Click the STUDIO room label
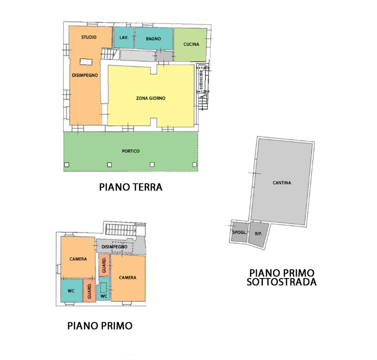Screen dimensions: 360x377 [x=89, y=37]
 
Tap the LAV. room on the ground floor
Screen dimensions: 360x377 [x=124, y=38]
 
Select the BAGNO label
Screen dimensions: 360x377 [x=153, y=38]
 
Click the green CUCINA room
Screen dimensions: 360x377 [x=190, y=44]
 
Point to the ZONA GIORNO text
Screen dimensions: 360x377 [x=150, y=98]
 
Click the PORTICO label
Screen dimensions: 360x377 [x=130, y=151]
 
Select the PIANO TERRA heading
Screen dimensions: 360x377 [x=130, y=187]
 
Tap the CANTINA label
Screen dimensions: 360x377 [x=282, y=182]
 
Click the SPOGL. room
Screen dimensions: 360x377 [x=238, y=233]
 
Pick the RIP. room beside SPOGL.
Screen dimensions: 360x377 [x=258, y=234]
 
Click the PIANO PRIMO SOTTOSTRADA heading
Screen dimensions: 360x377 [x=282, y=277]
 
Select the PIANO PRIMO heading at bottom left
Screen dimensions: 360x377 [x=100, y=326]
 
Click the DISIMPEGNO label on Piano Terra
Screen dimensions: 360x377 [x=84, y=75]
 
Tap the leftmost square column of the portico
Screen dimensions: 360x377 [x=66, y=165]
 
